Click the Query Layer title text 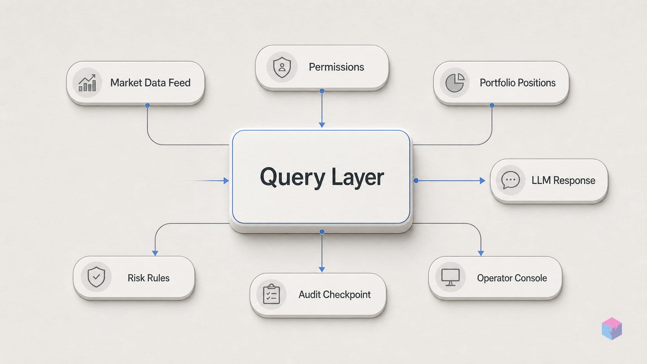pos(322,177)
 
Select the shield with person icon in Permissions pos(282,67)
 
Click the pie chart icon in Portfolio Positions pos(455,82)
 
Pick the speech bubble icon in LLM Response pos(510,180)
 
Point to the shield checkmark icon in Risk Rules pos(96,277)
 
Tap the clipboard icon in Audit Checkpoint pos(272,294)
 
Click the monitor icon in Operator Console pos(450,277)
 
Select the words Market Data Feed pos(150,83)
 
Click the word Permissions pos(336,67)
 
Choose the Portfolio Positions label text pos(518,83)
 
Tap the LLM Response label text pos(563,180)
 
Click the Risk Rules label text pos(149,278)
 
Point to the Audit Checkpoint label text pos(334,295)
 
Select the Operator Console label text pos(512,278)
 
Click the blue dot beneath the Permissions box pos(322,91)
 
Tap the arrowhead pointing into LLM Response pos(483,181)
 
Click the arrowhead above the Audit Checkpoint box pos(322,270)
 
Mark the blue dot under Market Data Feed pos(147,106)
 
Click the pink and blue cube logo pos(612,328)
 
